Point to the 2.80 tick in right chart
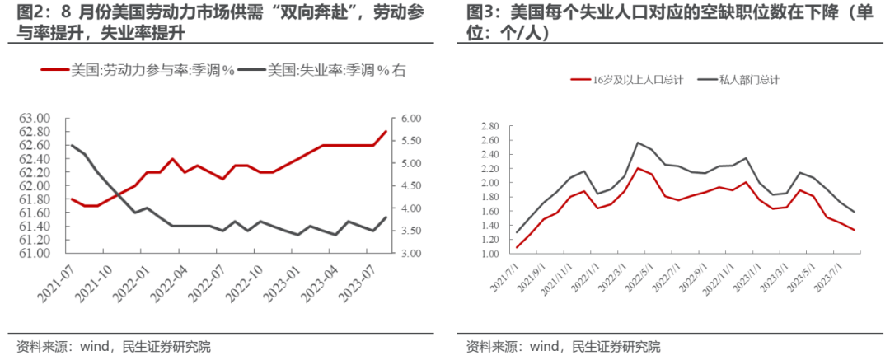tap(489, 127)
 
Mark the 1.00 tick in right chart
tap(489, 254)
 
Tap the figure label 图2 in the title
tap(30, 13)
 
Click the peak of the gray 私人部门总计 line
tap(637, 143)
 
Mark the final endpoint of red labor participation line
tap(386, 131)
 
